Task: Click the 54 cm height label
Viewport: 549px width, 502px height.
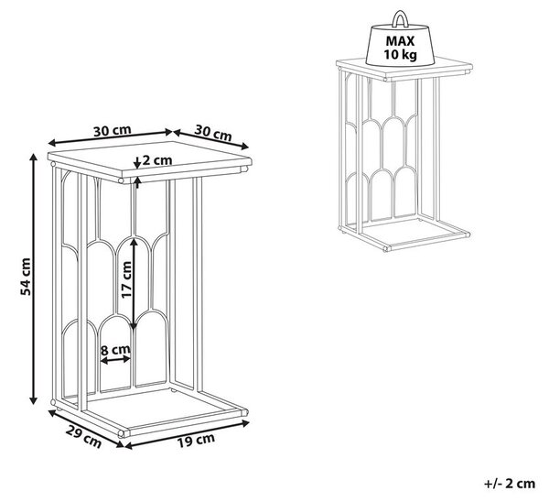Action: pos(26,277)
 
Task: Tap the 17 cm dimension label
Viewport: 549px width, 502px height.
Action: pos(126,279)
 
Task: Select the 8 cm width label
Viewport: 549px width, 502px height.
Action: pos(115,350)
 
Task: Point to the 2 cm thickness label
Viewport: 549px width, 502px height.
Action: pos(157,160)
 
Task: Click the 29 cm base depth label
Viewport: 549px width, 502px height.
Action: pos(83,437)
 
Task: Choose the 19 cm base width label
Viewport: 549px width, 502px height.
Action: pos(196,441)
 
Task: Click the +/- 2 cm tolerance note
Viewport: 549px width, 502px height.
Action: pos(510,484)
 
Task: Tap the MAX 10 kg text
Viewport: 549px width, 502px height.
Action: pos(400,48)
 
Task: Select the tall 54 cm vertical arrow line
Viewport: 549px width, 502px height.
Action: pos(33,278)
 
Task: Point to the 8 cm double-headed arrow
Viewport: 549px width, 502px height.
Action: pos(115,359)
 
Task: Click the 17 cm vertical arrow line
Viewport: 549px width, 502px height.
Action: pos(134,284)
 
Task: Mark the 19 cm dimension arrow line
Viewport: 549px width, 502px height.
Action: pos(187,434)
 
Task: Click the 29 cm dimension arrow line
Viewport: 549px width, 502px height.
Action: pos(86,429)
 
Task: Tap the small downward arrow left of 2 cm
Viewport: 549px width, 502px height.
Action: pos(137,162)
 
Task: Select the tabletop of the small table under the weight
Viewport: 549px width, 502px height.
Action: pos(404,69)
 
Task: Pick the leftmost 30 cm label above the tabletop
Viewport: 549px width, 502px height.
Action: pos(112,131)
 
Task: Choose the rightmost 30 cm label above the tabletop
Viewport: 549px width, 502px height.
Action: pos(213,133)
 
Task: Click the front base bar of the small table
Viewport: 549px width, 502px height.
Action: pos(427,242)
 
